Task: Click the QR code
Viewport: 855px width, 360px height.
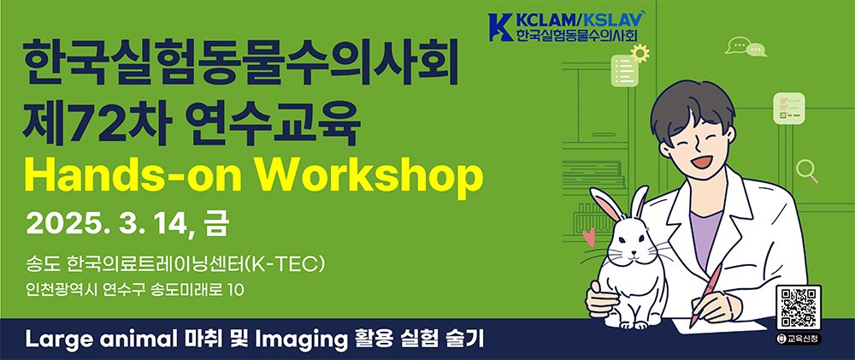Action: tap(799, 307)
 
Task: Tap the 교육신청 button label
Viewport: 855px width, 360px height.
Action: tap(799, 339)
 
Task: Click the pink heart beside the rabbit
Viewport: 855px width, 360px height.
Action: tap(589, 237)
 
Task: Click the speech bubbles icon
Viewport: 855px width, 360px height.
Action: tap(746, 46)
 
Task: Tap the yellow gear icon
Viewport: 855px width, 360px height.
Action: tap(640, 53)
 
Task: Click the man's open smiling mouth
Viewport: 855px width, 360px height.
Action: tap(701, 162)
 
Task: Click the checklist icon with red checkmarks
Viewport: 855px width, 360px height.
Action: tap(788, 109)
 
